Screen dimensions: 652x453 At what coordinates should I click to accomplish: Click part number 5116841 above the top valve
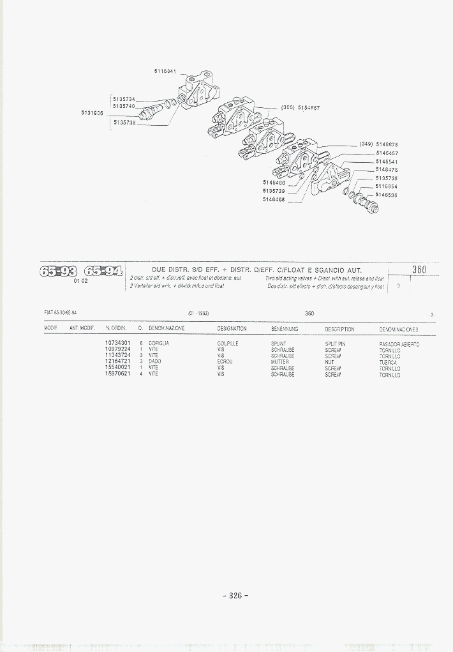coord(165,71)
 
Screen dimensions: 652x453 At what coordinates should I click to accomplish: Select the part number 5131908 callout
coord(92,112)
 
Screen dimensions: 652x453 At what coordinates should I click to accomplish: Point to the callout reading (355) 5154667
coord(300,108)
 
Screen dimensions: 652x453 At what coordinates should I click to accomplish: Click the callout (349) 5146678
coord(378,144)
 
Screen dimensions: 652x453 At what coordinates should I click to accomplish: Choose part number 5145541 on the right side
coord(387,162)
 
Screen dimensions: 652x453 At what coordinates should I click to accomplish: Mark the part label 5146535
coord(386,195)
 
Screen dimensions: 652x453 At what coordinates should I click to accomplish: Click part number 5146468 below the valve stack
coord(274,199)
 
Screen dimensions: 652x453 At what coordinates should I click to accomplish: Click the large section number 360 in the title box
coord(419,269)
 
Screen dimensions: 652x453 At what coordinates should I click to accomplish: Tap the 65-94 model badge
coord(102,271)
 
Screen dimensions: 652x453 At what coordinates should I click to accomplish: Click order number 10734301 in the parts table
coord(117,344)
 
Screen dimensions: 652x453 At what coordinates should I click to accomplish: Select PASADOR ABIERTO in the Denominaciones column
coord(399,344)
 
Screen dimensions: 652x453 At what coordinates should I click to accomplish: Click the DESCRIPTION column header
coord(339,329)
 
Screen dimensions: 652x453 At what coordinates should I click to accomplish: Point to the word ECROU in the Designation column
coord(225,362)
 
